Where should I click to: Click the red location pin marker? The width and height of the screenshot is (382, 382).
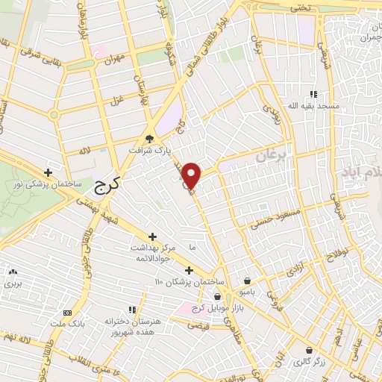[192, 175]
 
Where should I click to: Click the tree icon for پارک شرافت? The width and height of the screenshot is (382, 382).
[149, 138]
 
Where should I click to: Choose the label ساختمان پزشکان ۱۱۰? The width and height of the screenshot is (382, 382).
[188, 282]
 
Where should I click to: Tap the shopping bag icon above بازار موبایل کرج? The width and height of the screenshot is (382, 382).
[217, 296]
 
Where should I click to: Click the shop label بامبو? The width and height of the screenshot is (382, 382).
[263, 292]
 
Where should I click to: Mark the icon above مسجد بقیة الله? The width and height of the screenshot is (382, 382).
[313, 94]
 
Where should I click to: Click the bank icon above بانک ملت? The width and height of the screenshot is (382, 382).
[68, 312]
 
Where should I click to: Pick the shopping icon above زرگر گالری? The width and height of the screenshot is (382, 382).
[309, 349]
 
